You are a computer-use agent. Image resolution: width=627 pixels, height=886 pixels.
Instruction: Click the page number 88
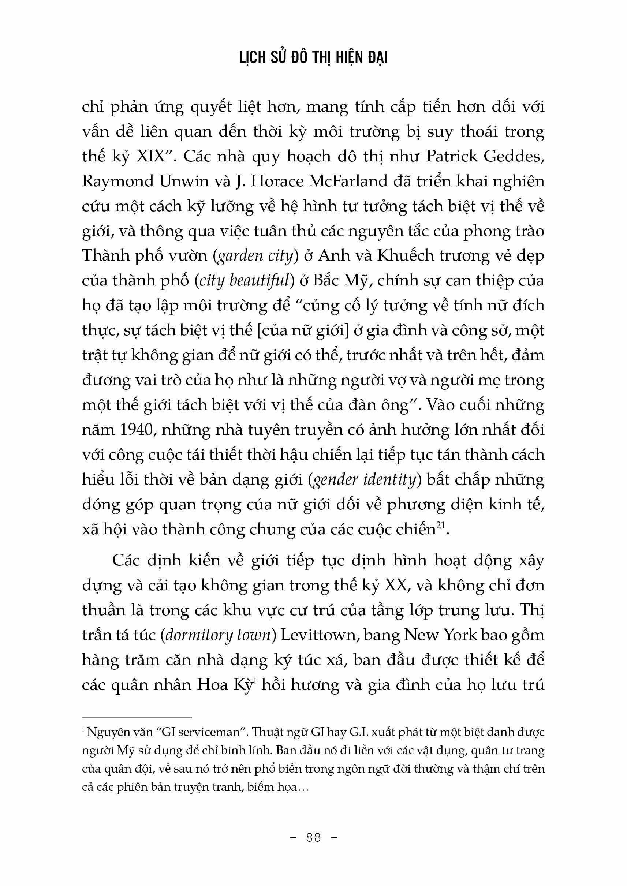(x=313, y=837)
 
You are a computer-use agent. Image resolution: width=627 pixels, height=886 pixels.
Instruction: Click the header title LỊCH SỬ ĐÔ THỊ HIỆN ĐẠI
(x=313, y=57)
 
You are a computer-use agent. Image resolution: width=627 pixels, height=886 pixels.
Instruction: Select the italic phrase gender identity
(x=364, y=480)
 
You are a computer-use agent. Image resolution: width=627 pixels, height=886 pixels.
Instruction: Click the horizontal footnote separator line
(x=137, y=717)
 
